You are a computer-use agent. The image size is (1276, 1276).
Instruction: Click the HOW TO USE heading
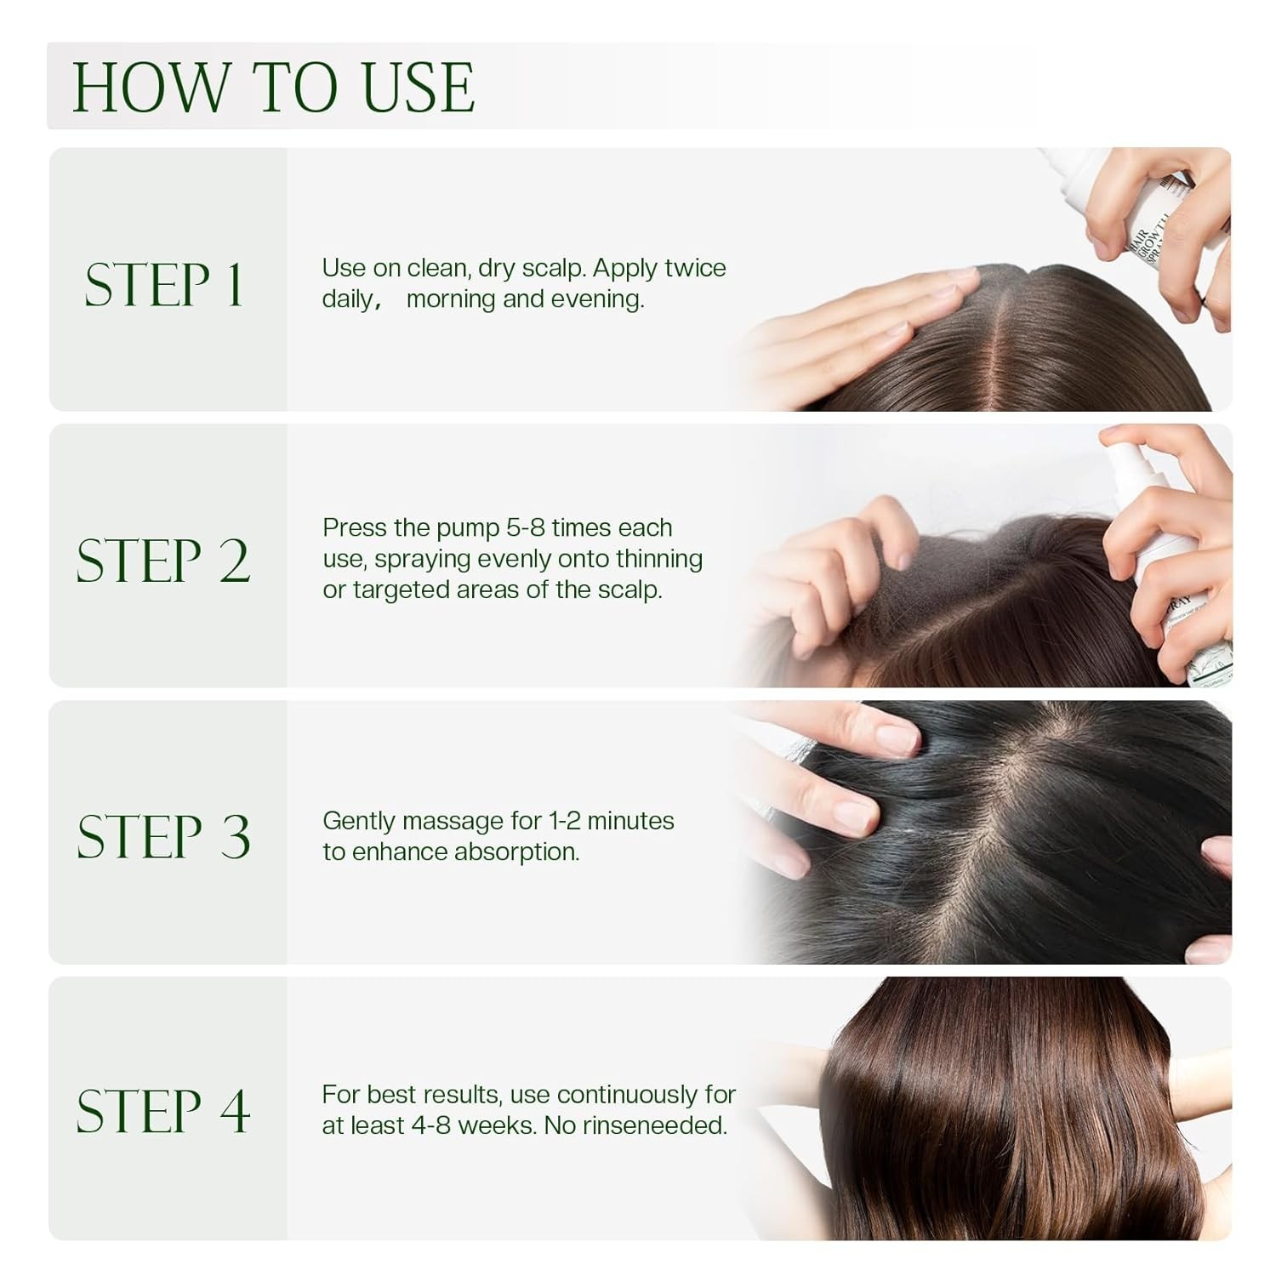pos(273,87)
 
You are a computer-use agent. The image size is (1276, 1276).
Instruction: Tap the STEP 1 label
pos(163,285)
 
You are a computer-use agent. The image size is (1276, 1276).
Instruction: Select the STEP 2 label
pos(163,561)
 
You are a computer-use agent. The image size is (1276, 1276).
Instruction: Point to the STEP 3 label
pos(163,836)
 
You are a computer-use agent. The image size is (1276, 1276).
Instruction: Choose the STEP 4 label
pos(163,1111)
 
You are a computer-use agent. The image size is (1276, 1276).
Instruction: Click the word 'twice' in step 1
pos(695,268)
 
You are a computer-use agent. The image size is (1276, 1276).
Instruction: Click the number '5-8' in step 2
pos(525,528)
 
